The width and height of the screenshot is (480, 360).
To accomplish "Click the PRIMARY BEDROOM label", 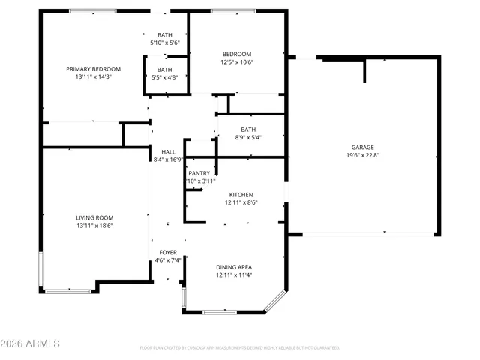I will point(93,69).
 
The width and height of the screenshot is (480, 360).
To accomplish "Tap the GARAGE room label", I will point(363,148).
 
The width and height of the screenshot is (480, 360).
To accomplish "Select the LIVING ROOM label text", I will point(94,217).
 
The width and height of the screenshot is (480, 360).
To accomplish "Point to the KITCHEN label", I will point(241,194).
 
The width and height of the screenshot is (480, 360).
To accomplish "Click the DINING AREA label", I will point(233,267).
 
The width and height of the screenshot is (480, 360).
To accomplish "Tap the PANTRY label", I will point(199,173).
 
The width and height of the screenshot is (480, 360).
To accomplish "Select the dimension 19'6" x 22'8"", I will point(363,156).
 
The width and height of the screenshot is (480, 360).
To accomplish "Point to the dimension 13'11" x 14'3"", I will point(93,77).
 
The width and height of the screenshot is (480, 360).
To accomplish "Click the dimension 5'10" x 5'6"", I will point(164,43).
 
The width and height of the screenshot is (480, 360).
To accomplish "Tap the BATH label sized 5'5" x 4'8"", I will point(164,70).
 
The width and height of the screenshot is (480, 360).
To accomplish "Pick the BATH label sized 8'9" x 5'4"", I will point(248,130).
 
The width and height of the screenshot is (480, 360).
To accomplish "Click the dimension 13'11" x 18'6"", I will point(94,226).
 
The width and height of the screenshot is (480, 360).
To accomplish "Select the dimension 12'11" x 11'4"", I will point(233,275).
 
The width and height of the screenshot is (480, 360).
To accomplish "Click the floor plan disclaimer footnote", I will point(239,348).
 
